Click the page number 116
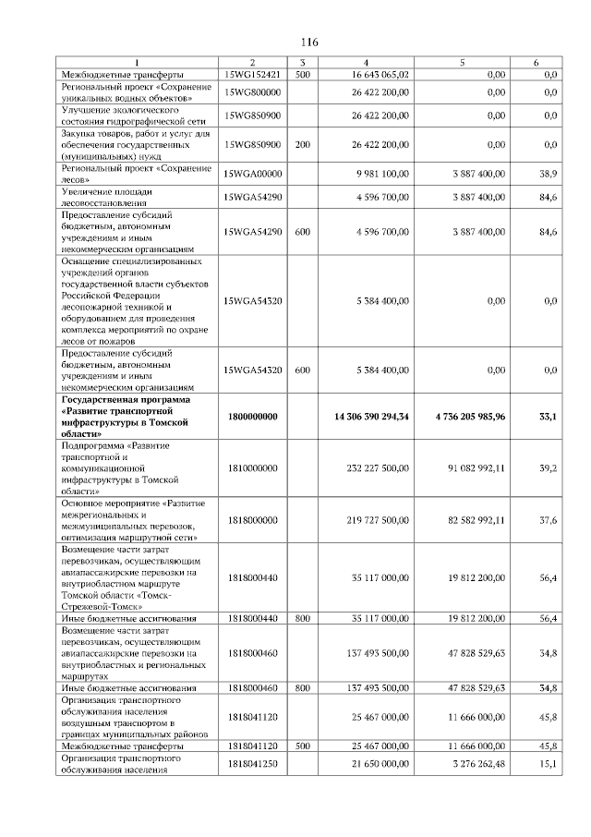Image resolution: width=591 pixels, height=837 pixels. [309, 42]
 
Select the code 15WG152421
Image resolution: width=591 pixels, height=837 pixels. [252, 74]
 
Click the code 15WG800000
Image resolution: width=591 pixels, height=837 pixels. [252, 91]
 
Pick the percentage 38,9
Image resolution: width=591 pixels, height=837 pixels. [549, 173]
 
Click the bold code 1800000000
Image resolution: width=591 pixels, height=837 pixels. [252, 417]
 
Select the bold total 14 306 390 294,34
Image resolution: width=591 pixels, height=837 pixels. [372, 417]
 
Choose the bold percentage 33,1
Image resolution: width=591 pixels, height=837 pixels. [548, 417]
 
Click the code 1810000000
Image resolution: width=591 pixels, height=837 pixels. [252, 468]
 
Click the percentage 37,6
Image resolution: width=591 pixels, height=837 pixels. [549, 520]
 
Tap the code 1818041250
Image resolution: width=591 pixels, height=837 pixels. [252, 763]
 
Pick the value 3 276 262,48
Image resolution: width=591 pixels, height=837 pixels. [478, 763]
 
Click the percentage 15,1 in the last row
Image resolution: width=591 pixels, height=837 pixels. [549, 763]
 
